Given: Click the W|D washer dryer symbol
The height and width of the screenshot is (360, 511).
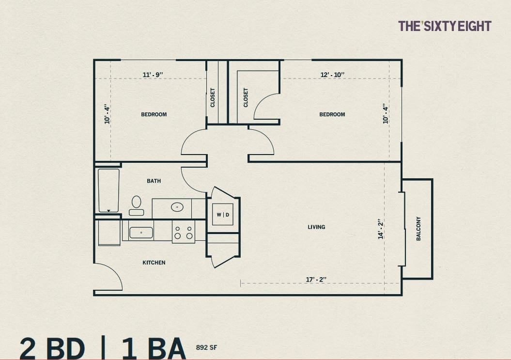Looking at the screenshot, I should point(223,215).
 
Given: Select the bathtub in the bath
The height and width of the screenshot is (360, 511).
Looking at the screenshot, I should point(108,190).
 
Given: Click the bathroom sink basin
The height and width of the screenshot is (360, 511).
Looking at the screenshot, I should point(177,207).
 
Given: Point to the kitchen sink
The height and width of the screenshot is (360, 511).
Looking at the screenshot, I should point(141,233).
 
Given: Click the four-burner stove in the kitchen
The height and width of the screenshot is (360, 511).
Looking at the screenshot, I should point(183,232).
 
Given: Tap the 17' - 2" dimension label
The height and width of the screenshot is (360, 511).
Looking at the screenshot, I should point(316,280).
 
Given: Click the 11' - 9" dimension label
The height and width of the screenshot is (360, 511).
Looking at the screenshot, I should point(153,75).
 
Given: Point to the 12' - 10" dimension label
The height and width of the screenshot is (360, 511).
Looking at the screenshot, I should point(332,75).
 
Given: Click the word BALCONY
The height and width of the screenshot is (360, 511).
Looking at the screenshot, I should point(418,228).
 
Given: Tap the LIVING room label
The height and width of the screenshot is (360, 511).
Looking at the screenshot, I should point(316,227).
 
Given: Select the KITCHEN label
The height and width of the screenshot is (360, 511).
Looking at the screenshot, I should point(154,263).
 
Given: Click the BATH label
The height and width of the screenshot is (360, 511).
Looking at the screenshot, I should point(154,181).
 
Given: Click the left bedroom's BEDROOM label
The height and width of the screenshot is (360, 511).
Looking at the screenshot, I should point(154,114).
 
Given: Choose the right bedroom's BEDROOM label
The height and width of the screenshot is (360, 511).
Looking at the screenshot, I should point(332,114).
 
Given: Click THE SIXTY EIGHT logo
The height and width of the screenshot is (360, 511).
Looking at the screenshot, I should point(444,26).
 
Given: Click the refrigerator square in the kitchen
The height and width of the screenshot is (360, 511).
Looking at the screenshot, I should point(109,233).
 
